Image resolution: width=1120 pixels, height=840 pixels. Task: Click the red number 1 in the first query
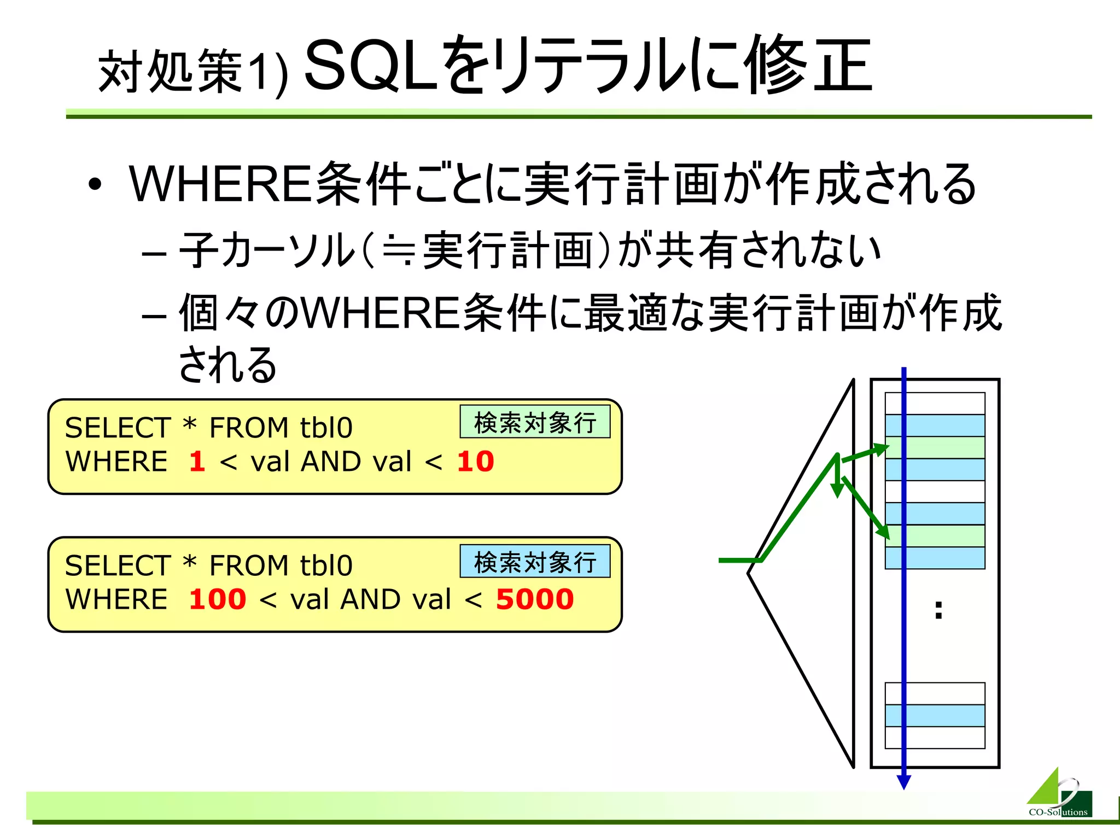[197, 461]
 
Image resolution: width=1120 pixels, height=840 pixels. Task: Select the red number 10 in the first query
[475, 461]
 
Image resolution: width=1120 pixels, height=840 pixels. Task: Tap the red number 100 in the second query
[217, 599]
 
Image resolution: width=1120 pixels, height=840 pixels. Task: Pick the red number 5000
[534, 599]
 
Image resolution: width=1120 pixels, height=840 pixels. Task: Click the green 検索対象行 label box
[535, 422]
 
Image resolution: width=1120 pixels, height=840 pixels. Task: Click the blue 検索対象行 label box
[535, 562]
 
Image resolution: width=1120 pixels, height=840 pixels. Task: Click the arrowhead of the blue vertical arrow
[904, 782]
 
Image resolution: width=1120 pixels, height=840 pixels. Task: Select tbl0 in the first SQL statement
[326, 428]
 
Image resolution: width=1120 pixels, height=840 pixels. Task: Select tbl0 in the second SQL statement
[326, 565]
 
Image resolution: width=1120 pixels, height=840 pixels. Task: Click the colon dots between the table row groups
[938, 610]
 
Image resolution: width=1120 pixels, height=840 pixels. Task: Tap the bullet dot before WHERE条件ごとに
[95, 185]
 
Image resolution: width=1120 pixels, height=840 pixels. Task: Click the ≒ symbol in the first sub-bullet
[398, 251]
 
